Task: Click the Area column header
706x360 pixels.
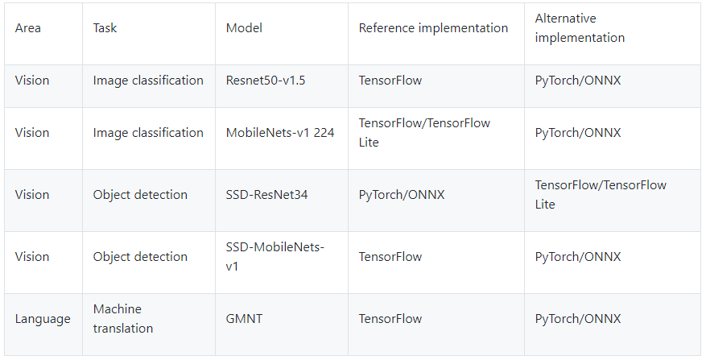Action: click(28, 28)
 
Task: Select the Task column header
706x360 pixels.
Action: click(105, 28)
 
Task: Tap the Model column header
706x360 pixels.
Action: click(244, 28)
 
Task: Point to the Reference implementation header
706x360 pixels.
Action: click(433, 28)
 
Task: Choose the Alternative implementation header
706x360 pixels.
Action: click(580, 28)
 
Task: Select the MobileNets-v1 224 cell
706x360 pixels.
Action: click(279, 133)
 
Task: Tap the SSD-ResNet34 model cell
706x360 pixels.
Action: click(266, 195)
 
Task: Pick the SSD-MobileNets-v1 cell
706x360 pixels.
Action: click(275, 256)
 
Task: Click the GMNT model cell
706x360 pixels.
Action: click(244, 319)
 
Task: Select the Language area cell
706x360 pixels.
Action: click(43, 319)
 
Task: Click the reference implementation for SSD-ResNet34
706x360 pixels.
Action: click(402, 195)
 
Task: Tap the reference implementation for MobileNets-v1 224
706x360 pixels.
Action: click(424, 133)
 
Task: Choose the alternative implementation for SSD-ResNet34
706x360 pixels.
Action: click(601, 195)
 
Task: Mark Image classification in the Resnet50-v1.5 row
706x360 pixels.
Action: click(148, 81)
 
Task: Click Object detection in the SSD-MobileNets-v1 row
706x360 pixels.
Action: click(140, 257)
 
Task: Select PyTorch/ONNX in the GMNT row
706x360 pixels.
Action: click(578, 319)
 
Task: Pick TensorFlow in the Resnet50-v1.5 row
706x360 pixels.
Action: click(390, 81)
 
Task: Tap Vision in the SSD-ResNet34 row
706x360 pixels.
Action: click(32, 195)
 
